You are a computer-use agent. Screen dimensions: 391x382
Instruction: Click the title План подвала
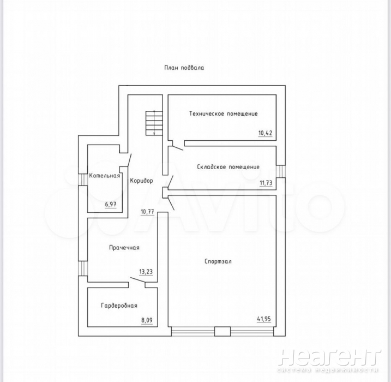[184, 68]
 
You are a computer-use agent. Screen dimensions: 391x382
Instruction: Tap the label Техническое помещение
[224, 114]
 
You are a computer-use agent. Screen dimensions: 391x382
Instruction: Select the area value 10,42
[266, 133]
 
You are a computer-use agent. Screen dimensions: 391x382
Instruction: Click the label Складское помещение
[228, 166]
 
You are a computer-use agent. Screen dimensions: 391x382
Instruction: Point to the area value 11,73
[266, 183]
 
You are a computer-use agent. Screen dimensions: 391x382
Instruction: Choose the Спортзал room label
[218, 261]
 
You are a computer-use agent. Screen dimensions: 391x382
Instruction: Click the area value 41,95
[264, 319]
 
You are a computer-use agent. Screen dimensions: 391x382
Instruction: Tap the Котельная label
[105, 176]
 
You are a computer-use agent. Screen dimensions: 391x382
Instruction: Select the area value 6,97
[111, 204]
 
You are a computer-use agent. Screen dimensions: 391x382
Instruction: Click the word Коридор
[141, 181]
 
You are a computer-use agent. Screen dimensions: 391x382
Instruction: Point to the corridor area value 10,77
[147, 212]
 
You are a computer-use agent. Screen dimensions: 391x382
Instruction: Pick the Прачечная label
[124, 248]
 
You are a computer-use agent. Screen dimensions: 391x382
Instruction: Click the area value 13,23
[146, 272]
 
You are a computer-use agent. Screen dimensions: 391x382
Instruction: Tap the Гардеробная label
[119, 306]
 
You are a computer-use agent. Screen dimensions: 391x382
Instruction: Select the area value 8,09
[147, 320]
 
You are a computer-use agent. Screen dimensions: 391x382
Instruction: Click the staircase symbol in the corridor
[154, 123]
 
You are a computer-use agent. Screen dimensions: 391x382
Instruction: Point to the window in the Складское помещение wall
[281, 171]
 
